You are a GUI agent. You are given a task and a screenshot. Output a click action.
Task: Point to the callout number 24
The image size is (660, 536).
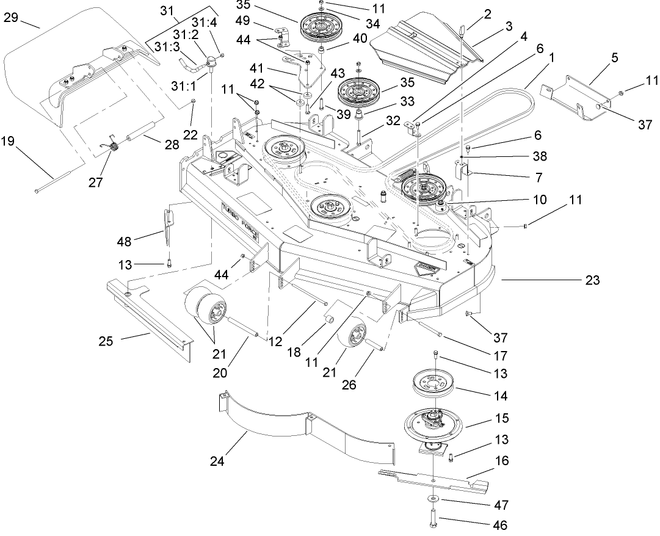217,461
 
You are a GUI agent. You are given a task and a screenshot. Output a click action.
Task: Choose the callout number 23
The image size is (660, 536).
592,280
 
